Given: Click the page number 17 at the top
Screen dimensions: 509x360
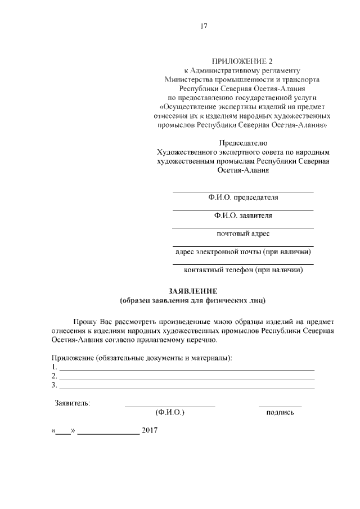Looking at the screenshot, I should point(205,25).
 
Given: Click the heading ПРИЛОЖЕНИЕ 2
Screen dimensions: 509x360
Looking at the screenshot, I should point(242,61).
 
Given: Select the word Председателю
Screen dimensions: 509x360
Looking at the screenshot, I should point(242,143).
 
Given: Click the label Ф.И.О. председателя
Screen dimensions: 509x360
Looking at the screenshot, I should point(242,197).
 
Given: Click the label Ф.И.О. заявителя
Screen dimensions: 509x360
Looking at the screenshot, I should point(242,215).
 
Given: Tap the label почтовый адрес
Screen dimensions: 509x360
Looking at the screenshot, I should point(242,233).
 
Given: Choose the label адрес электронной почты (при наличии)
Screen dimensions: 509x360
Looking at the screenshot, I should point(242,252).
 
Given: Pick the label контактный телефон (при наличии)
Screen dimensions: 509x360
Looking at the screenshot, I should point(242,270).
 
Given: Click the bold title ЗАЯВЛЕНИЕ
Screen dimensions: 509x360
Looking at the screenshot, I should point(193,291).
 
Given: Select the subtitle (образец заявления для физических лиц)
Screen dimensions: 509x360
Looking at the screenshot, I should point(193,300).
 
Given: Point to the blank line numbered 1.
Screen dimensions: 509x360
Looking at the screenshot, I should point(187,369).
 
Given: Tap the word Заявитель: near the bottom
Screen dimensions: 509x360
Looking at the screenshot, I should point(72,403).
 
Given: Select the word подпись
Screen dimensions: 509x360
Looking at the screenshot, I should point(280,413).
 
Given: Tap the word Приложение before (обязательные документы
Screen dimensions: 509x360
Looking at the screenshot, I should point(72,358).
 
